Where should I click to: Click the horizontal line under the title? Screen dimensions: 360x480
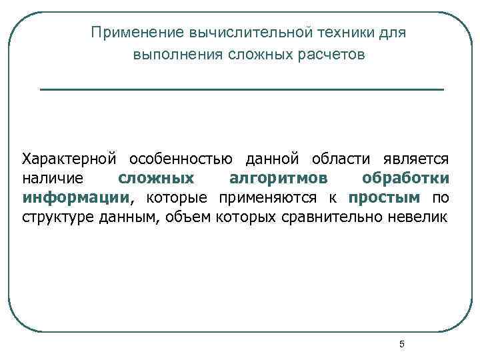241,89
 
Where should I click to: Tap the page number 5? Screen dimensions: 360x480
401,344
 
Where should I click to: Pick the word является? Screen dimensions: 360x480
416,160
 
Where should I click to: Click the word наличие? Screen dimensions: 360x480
53,179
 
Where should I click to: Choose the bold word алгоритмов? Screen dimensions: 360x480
278,179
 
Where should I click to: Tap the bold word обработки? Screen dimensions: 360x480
405,179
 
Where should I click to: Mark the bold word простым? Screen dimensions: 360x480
384,198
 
